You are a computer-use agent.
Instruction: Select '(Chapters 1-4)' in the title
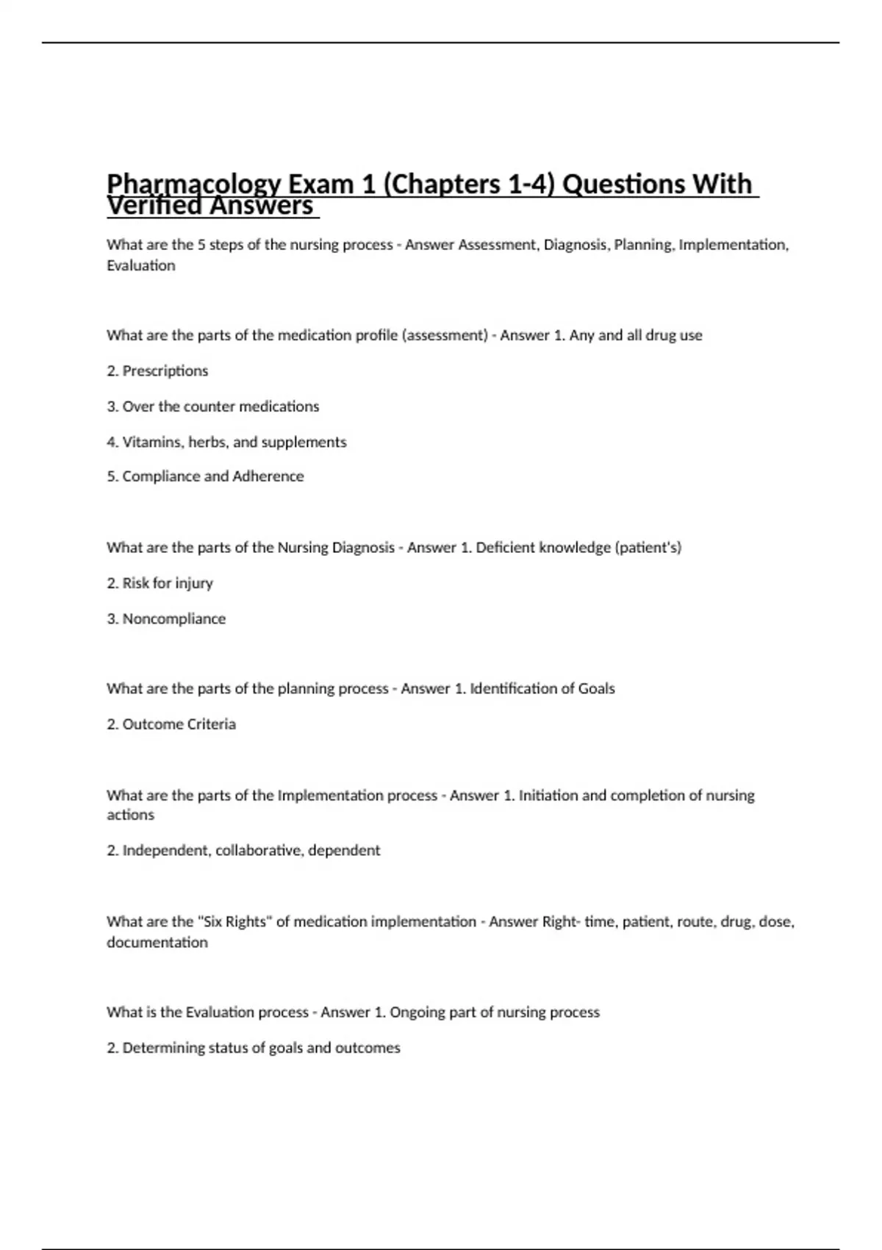[469, 185]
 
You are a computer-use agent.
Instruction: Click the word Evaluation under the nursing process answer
[141, 265]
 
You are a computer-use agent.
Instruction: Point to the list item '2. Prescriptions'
[157, 371]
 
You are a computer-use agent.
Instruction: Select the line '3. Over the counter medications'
[213, 406]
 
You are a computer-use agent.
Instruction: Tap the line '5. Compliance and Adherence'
[205, 476]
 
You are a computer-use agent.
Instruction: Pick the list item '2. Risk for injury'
[159, 583]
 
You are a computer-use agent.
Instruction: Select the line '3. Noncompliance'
[166, 618]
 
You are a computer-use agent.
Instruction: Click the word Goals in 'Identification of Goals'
[596, 689]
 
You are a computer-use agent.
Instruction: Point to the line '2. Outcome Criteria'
[171, 724]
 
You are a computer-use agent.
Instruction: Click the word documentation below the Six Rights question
[157, 943]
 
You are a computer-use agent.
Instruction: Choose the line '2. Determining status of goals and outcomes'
[254, 1048]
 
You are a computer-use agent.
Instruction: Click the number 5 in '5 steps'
[201, 245]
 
